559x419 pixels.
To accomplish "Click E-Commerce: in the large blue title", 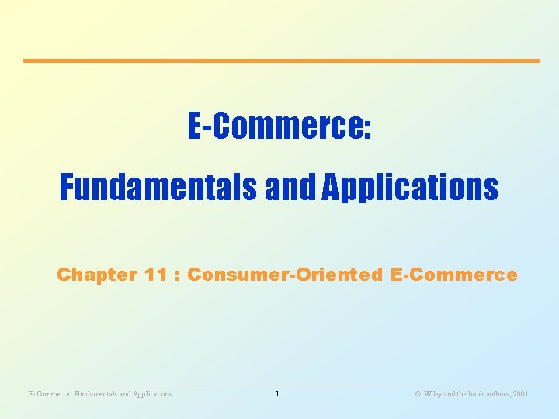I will pyautogui.click(x=279, y=126).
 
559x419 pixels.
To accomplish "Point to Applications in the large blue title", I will pyautogui.click(x=410, y=187).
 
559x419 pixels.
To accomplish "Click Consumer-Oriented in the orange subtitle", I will pyautogui.click(x=285, y=275).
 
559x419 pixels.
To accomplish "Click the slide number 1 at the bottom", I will pyautogui.click(x=277, y=394).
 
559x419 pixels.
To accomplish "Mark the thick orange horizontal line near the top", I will pyautogui.click(x=281, y=61).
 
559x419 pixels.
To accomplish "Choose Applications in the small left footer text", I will pyautogui.click(x=150, y=394).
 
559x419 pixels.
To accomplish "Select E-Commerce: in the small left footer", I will pyautogui.click(x=47, y=394).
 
